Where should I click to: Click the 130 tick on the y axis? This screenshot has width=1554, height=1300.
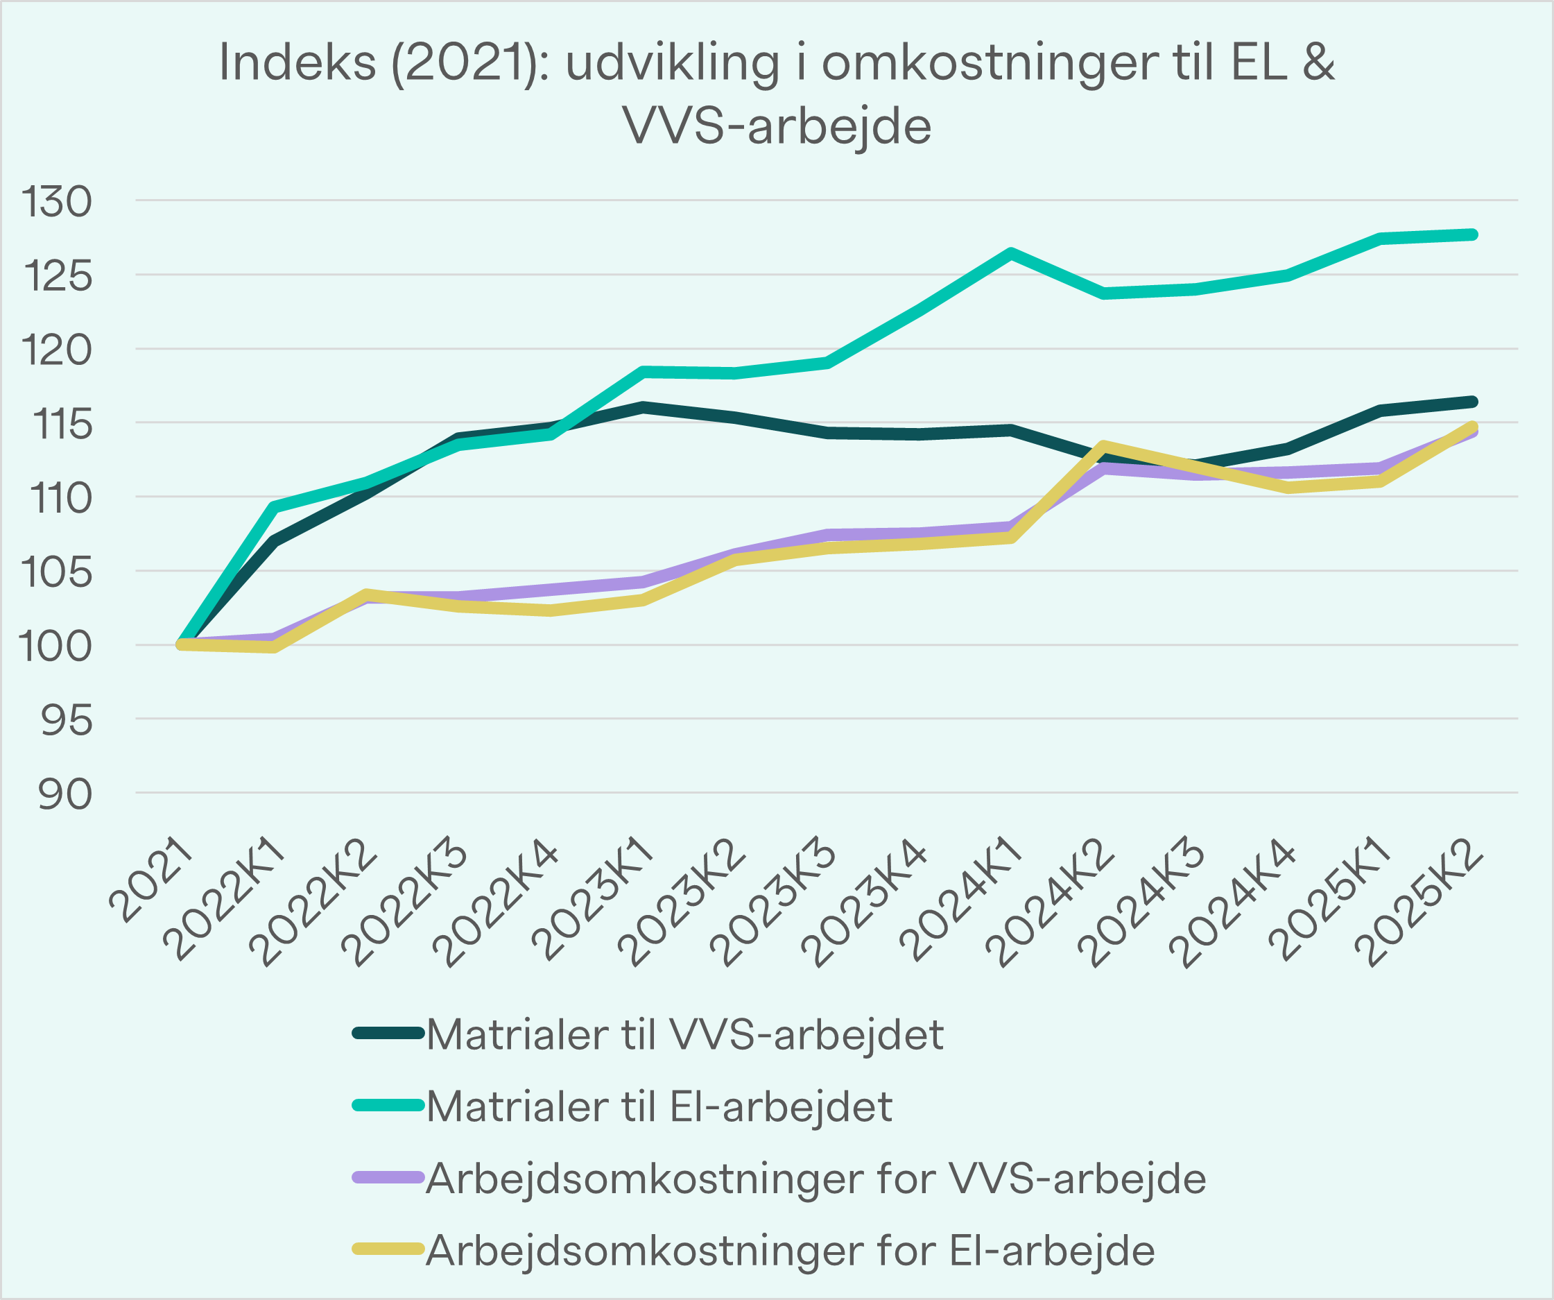[x=56, y=201]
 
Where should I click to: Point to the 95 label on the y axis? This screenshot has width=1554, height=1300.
[x=66, y=720]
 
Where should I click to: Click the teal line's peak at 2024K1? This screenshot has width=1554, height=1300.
[x=1012, y=253]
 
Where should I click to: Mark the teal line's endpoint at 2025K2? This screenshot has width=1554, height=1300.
[x=1473, y=234]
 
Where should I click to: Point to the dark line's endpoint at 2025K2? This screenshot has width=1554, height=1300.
[x=1473, y=402]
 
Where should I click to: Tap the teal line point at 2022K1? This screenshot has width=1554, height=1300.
[x=274, y=507]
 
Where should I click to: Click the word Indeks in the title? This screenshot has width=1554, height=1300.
[x=297, y=62]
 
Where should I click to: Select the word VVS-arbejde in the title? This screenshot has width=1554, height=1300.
[x=777, y=126]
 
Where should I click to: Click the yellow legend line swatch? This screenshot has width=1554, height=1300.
[x=387, y=1249]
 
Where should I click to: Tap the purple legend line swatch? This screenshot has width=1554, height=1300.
[x=387, y=1177]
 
